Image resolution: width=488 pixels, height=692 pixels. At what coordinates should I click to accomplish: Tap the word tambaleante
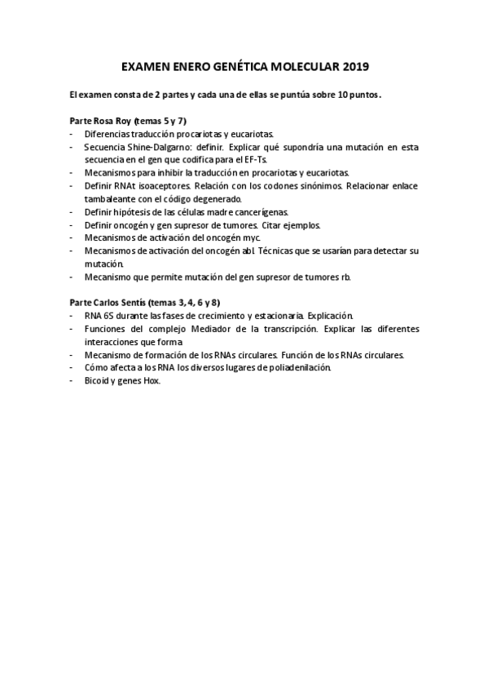tap(111, 199)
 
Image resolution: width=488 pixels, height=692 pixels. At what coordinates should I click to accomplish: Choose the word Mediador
tap(231, 330)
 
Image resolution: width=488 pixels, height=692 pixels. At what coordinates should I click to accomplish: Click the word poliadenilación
tap(293, 369)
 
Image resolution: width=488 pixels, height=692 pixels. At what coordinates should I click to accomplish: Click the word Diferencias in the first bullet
tap(108, 134)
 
